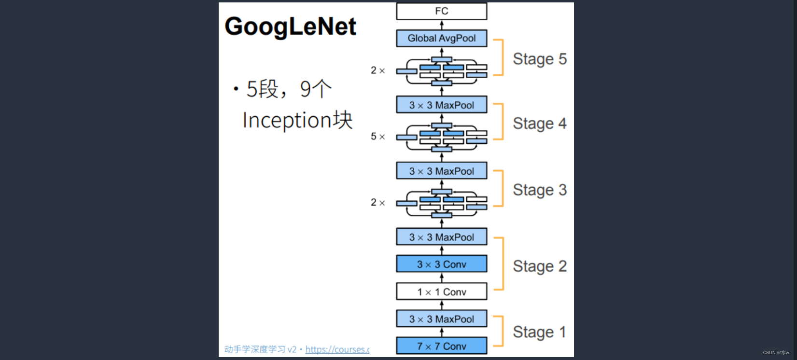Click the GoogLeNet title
pos(290,27)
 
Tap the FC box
pos(441,11)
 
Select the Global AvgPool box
pos(441,38)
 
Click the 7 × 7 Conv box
pos(441,346)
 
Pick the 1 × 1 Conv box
pos(441,291)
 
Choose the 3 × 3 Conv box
pos(441,264)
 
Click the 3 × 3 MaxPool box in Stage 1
pos(441,319)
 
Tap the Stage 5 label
pos(539,59)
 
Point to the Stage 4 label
pos(539,124)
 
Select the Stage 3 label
pos(539,190)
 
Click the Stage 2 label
pos(539,266)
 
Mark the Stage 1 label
pos(539,332)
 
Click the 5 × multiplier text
pos(378,137)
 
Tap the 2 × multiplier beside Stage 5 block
pos(378,70)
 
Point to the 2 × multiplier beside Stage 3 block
pos(378,203)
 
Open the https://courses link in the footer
pos(337,349)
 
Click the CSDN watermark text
pos(775,353)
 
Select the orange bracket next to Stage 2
pos(502,263)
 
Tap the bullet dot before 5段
pos(236,89)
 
